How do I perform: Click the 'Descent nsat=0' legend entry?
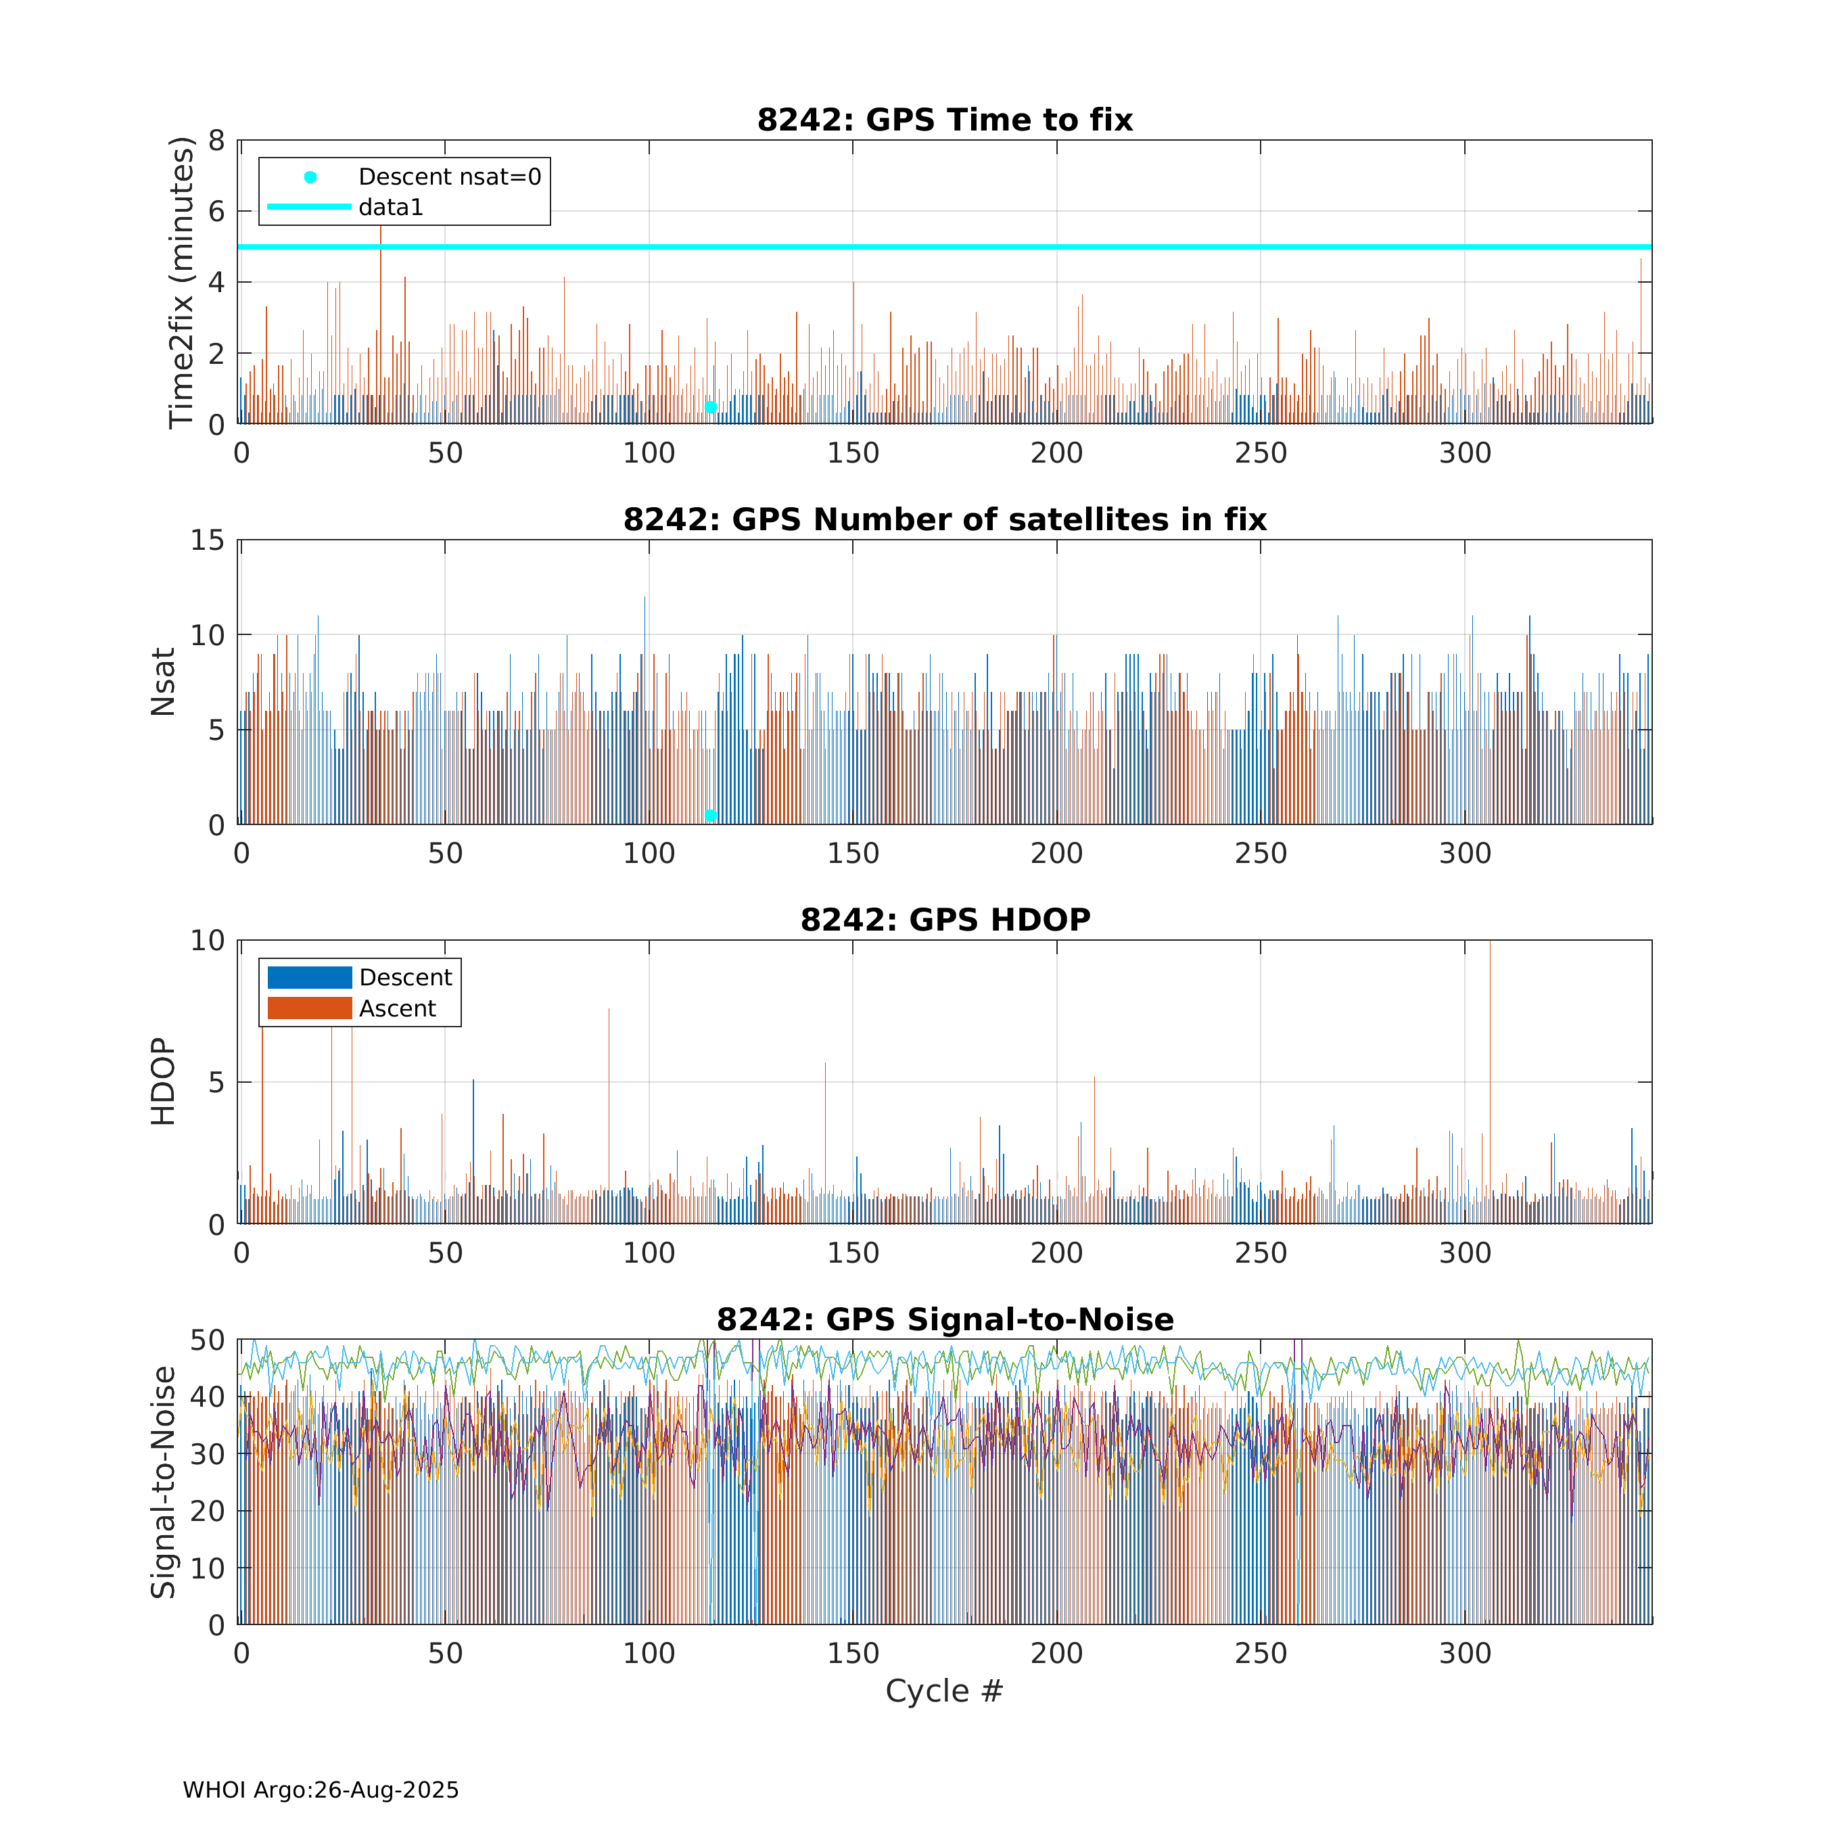tap(449, 177)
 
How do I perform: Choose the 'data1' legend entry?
tap(390, 207)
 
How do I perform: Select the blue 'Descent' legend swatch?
tap(309, 977)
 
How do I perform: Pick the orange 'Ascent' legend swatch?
tap(309, 1008)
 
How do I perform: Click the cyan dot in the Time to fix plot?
tap(711, 407)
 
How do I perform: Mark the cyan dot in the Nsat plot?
tap(711, 816)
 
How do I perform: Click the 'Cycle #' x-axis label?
tap(943, 1691)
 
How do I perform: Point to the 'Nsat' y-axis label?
tap(164, 682)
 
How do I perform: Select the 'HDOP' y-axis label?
tap(164, 1081)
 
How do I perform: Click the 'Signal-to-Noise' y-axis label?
tap(164, 1482)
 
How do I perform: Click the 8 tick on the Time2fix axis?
tap(216, 141)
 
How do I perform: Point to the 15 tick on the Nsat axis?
tap(208, 540)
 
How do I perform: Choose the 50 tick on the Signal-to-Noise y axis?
tap(208, 1340)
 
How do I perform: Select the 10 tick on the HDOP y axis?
tap(208, 941)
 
